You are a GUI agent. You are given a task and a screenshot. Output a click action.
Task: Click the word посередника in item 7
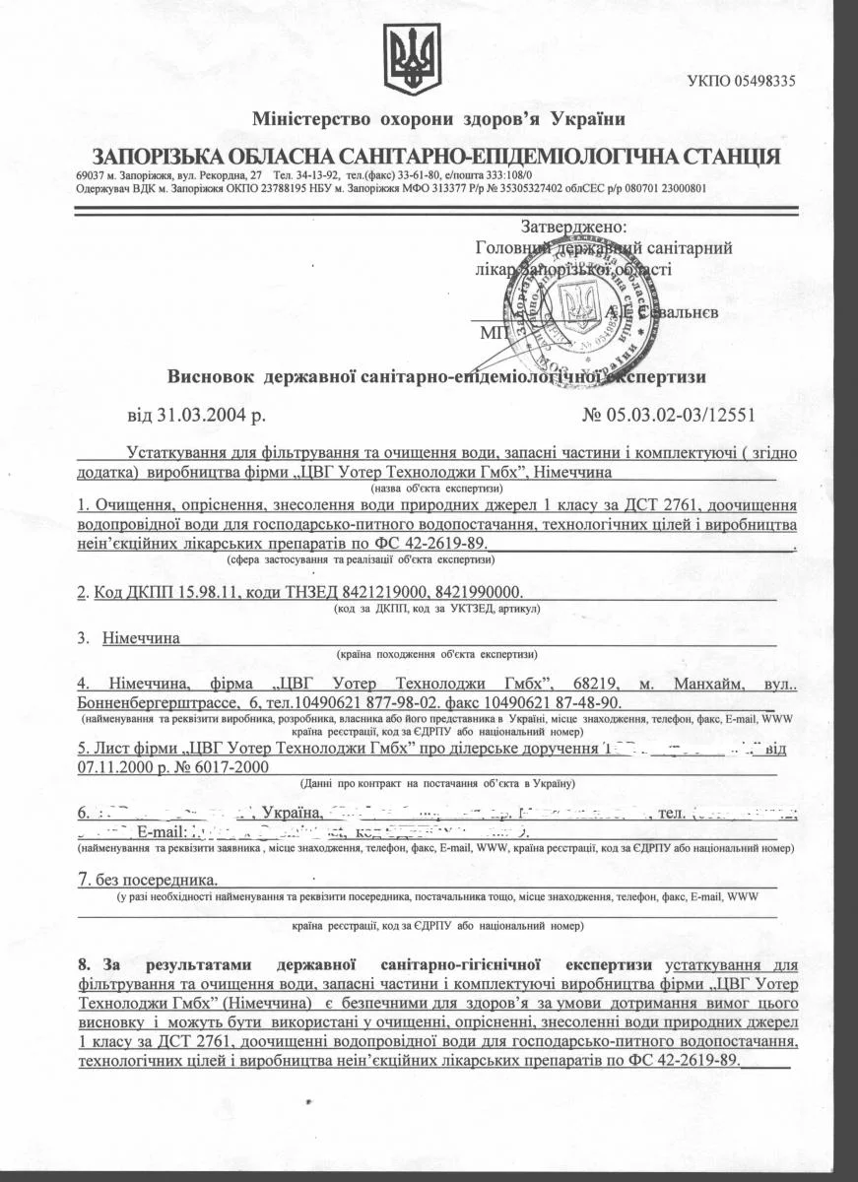click(165, 880)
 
